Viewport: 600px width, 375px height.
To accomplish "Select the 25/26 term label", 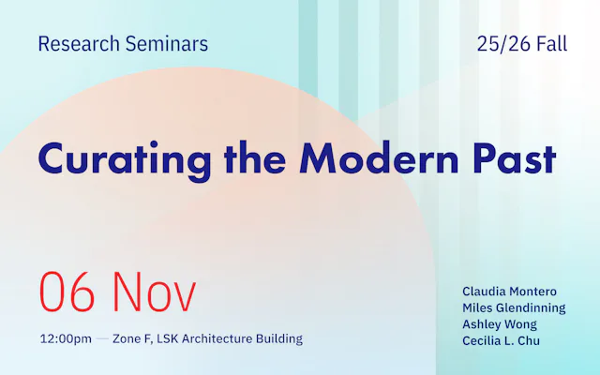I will (502, 43).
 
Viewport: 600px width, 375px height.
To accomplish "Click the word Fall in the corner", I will (549, 43).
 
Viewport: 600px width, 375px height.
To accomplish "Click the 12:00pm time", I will (66, 338).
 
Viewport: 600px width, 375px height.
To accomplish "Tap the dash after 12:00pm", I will (102, 338).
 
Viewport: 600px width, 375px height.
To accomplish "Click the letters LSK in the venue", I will (172, 338).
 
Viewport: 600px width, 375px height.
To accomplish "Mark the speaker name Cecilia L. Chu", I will (502, 339).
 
